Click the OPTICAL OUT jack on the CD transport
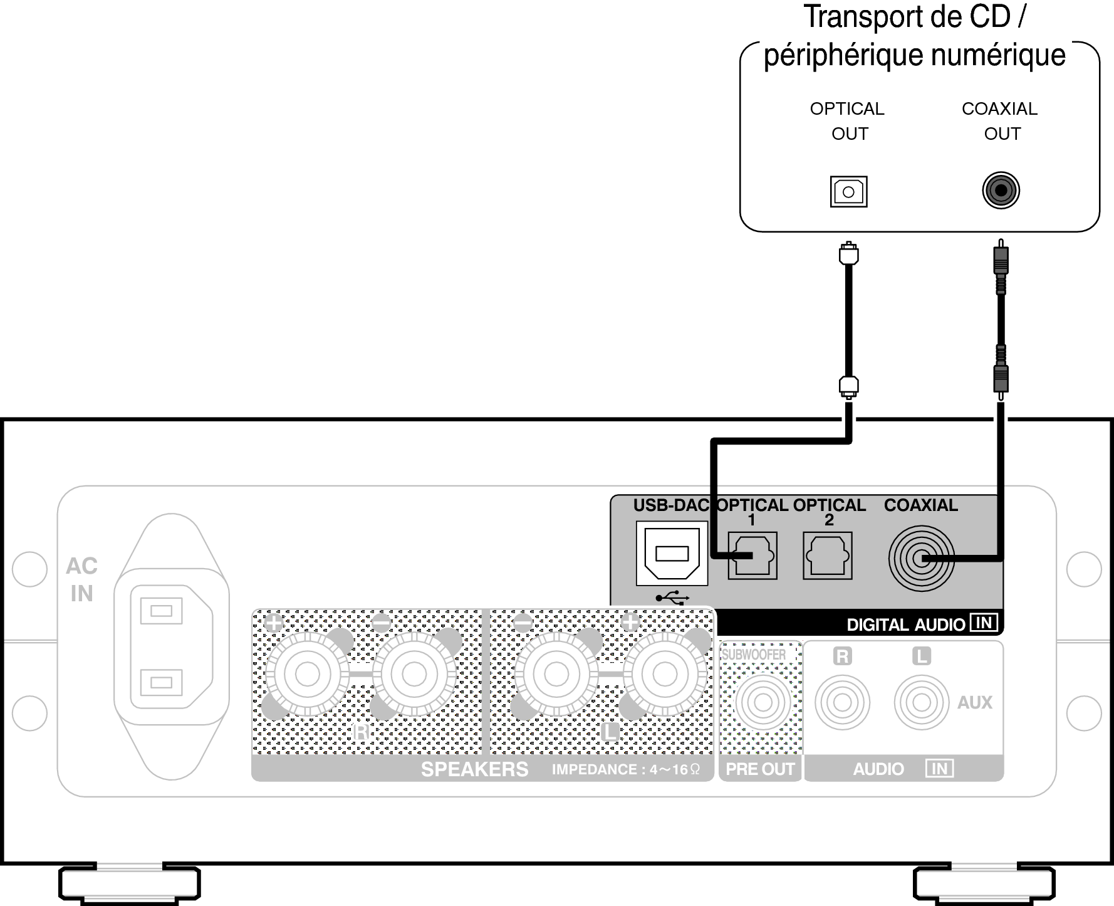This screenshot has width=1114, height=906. point(848,191)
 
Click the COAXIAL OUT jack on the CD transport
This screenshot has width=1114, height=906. point(1001,190)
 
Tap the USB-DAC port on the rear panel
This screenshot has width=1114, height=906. point(672,554)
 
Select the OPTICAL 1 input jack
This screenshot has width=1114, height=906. point(752,556)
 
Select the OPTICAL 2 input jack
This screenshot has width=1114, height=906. point(828,556)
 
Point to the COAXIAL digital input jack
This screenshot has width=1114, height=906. point(921,558)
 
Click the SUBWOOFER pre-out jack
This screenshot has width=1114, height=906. point(763,702)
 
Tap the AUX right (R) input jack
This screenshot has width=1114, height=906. point(842,702)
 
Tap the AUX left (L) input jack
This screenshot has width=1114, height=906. point(921,702)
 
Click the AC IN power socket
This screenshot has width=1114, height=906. point(171,646)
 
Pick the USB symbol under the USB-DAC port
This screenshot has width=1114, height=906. point(672,598)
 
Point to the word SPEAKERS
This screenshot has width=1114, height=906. point(474,769)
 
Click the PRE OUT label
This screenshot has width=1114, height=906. point(760,769)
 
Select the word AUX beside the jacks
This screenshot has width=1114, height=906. point(974,703)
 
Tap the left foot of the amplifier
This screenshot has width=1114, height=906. point(130,885)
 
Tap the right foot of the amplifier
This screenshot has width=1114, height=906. point(984,885)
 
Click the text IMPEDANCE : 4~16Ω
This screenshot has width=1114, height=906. point(625,769)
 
